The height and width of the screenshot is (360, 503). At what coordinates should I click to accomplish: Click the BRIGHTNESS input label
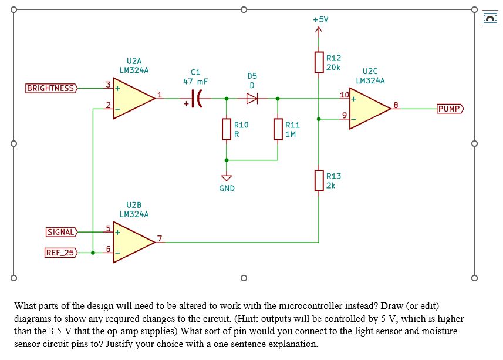click(x=51, y=89)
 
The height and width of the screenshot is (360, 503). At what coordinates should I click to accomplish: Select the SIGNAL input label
click(x=61, y=232)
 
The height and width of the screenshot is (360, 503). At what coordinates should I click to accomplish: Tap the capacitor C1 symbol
click(x=198, y=99)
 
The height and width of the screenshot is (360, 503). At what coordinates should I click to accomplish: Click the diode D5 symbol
click(x=252, y=99)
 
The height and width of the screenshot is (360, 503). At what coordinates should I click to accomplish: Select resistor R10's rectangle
click(x=227, y=129)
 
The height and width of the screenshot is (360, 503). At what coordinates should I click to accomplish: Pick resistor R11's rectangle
click(x=278, y=129)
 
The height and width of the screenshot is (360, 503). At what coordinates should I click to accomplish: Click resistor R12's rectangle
click(x=319, y=62)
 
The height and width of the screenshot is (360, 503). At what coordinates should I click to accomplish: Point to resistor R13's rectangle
click(x=319, y=180)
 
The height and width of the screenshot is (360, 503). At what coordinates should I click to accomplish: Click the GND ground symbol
click(x=227, y=178)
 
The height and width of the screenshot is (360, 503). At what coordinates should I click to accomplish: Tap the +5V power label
click(x=320, y=19)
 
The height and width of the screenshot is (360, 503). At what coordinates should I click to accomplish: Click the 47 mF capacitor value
click(x=195, y=82)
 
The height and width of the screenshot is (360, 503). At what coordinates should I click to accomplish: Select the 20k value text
click(x=333, y=68)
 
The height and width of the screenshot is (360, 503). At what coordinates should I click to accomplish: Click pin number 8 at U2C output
click(x=396, y=105)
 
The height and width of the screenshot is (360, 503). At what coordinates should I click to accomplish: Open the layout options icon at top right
click(x=490, y=19)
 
